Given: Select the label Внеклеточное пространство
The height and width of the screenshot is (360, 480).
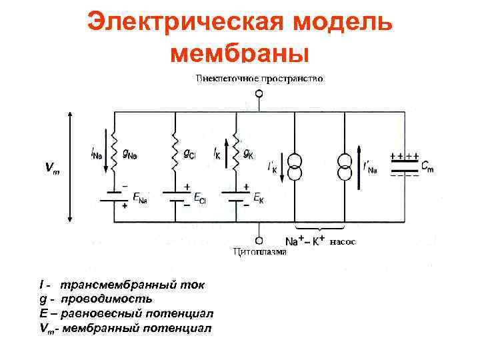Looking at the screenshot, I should (x=259, y=79).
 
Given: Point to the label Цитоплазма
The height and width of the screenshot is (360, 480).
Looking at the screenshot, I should (x=260, y=251).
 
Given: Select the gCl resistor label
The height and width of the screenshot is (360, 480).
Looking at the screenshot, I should (x=189, y=153).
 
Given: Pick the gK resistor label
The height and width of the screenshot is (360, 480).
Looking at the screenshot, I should (x=248, y=153).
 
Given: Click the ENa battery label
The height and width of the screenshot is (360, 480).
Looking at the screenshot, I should (x=140, y=197).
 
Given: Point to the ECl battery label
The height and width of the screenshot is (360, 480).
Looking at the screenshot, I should (x=199, y=197).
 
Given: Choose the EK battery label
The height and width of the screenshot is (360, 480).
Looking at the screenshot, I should (x=257, y=197).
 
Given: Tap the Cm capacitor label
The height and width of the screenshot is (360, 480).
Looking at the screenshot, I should (x=427, y=167).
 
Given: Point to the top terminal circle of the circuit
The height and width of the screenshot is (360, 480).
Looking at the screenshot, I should (x=259, y=93).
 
